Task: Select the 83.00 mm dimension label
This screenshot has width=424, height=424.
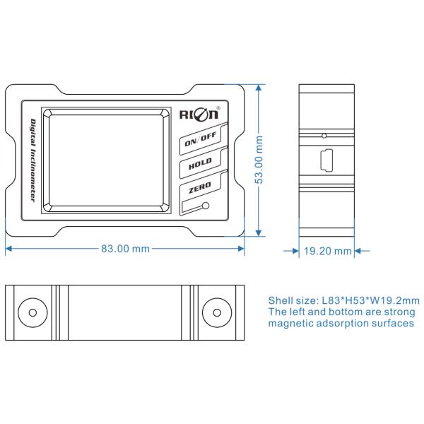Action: click(125, 249)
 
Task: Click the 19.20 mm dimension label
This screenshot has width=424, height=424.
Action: click(327, 250)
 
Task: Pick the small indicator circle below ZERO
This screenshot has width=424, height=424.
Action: click(205, 207)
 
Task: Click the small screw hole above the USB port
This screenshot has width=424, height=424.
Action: click(324, 135)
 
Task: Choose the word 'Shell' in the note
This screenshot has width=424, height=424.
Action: click(281, 299)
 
